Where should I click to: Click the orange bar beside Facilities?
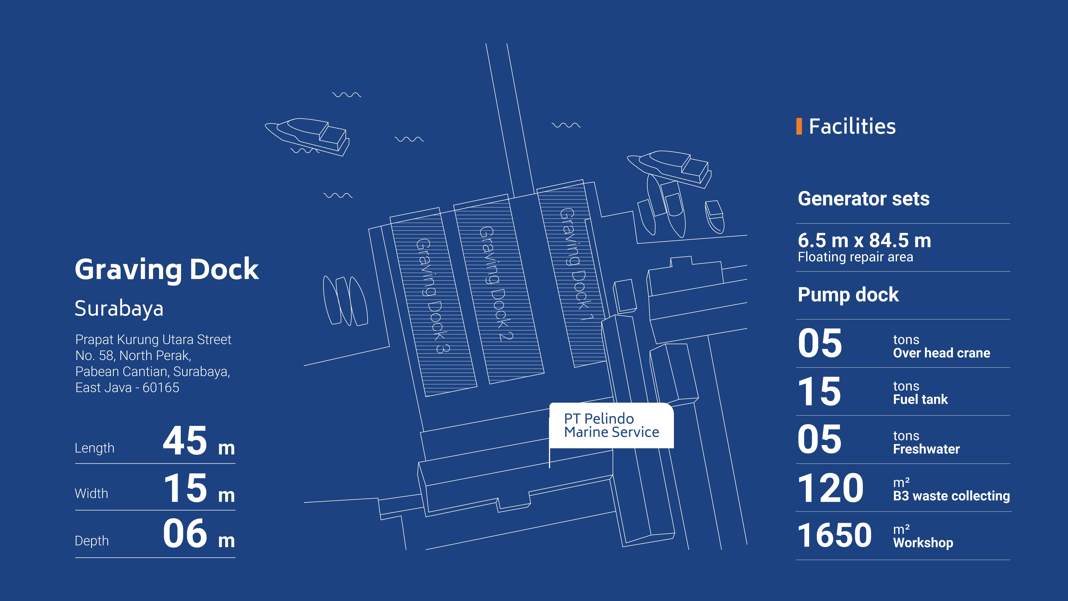pos(799,126)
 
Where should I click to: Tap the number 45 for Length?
pos(185,441)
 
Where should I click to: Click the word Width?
pos(91,494)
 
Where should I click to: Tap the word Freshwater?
pos(926,449)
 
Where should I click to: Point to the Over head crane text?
pos(941,353)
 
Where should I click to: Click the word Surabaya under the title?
pos(119,309)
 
